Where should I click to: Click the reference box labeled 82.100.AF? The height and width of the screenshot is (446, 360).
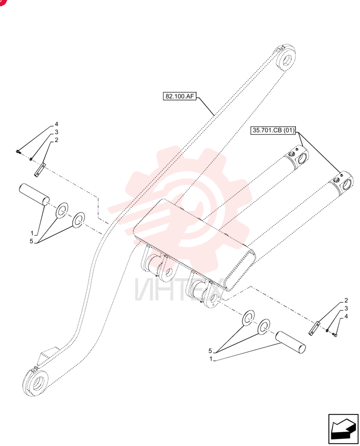[x=180, y=96]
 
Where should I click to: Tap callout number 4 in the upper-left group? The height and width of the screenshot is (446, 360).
[x=56, y=124]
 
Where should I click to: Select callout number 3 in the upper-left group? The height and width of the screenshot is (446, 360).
[x=56, y=132]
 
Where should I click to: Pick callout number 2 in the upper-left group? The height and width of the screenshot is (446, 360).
[x=56, y=140]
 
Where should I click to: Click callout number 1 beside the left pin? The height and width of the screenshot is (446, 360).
[x=32, y=233]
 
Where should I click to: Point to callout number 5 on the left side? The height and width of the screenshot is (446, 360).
[x=31, y=241]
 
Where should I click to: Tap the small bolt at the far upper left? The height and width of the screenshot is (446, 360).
[x=18, y=152]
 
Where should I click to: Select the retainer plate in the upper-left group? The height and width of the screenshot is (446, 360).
[x=40, y=170]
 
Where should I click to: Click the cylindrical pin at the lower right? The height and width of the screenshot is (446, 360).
[x=290, y=343]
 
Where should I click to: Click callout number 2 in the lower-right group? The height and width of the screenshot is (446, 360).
[x=346, y=300]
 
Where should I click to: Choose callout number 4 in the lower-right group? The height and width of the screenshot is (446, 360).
[x=346, y=316]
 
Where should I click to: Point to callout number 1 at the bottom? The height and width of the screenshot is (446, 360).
[x=211, y=359]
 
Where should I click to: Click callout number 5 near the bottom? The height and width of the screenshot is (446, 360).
[x=210, y=351]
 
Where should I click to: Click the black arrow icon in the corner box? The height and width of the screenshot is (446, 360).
[x=343, y=429]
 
